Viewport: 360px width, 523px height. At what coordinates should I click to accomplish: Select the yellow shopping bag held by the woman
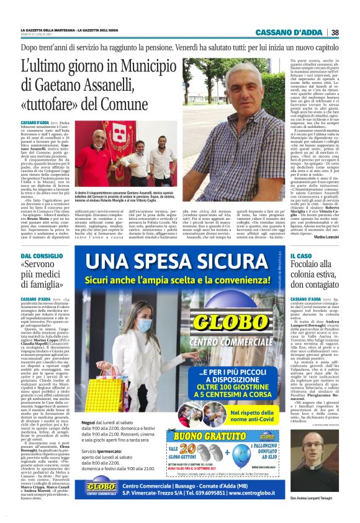105,394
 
